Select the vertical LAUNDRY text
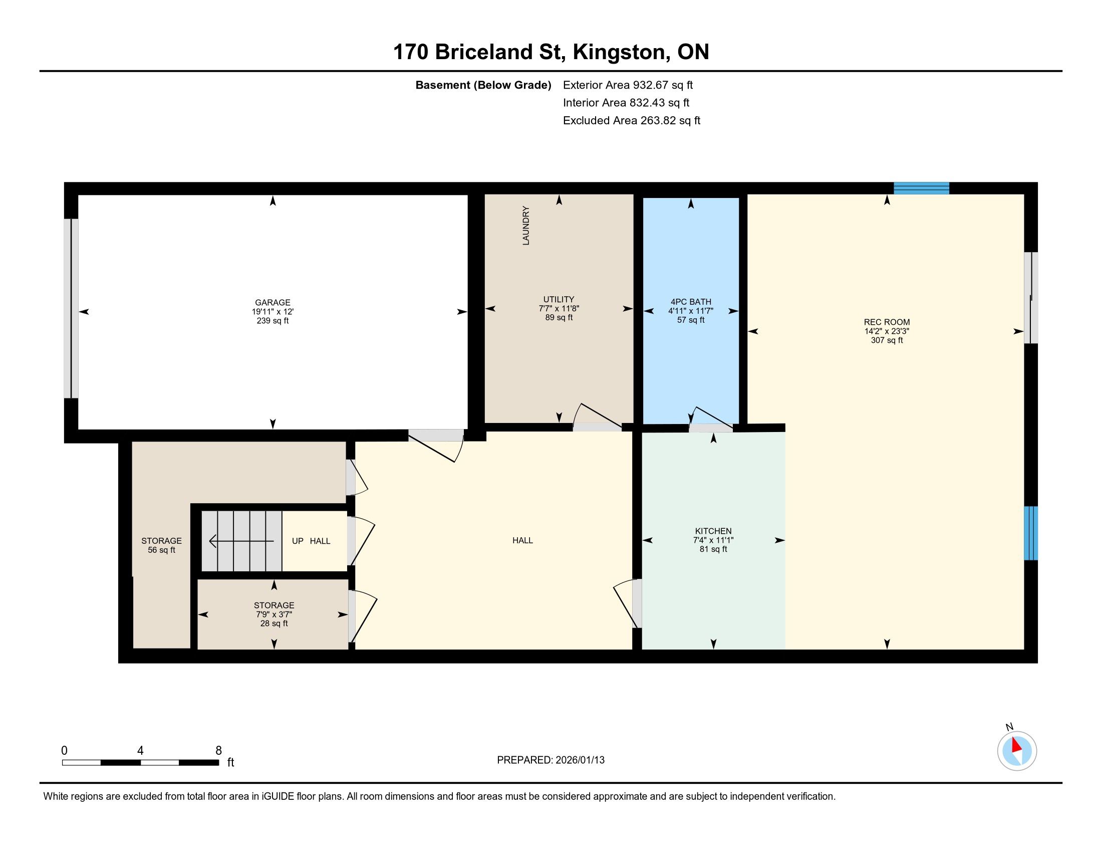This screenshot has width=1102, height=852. coord(526,226)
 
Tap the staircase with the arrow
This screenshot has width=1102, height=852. coord(242,541)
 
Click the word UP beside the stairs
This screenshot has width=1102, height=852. coord(298,541)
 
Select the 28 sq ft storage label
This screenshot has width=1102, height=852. coord(274,614)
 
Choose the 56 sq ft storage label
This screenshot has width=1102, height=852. coord(161,545)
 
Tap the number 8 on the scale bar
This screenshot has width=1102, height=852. coord(218,751)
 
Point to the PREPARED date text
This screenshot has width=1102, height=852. coord(550,760)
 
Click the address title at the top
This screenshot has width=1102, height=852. coord(551,52)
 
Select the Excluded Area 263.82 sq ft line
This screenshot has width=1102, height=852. coord(632,121)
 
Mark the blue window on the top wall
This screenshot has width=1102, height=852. coord(921,188)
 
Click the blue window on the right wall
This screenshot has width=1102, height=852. coord(1031,533)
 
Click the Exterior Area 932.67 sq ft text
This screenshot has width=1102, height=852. coord(628,85)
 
